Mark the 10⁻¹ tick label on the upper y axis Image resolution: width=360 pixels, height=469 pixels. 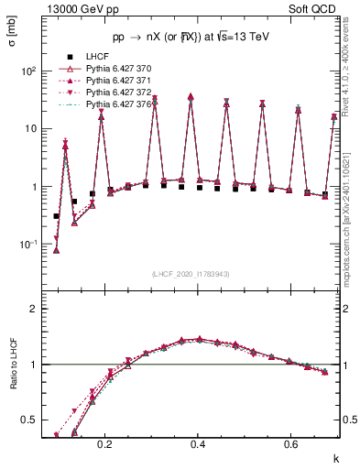point(29,245)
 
